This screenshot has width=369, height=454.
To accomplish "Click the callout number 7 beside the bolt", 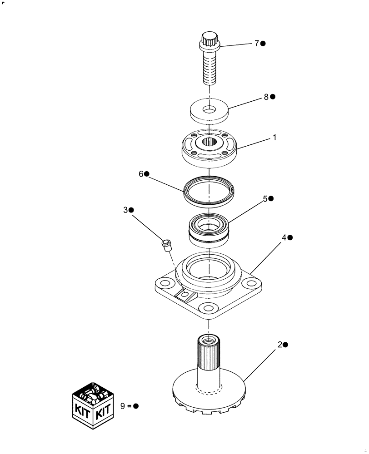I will point(256,44).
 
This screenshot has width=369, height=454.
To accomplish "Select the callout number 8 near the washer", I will point(266,97).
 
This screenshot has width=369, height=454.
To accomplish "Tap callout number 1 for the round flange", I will point(274,137).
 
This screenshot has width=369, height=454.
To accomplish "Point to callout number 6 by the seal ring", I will point(141,174).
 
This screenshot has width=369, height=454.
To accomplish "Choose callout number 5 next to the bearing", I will point(265,199).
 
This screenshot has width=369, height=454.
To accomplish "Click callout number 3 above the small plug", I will point(125,210).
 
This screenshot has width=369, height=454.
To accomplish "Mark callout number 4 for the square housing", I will point(284,237).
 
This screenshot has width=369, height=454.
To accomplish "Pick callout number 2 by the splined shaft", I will point(279,345).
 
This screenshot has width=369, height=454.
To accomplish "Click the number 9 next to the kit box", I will point(123,406).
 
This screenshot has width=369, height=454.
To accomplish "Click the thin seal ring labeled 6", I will point(209,189).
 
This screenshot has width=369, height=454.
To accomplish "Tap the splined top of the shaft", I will point(208,352).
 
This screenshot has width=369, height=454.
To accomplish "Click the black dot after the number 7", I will point(263,44).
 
